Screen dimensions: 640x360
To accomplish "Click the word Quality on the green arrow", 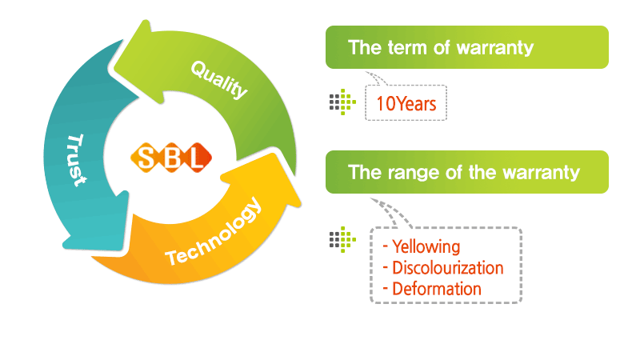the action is (x=219, y=79).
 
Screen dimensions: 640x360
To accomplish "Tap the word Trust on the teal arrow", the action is (x=76, y=160).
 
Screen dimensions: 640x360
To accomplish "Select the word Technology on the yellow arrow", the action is (x=213, y=232).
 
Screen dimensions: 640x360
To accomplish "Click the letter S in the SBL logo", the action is (x=146, y=158).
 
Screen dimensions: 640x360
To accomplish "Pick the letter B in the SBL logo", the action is (x=171, y=158).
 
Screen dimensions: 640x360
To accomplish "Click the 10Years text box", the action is (x=406, y=103).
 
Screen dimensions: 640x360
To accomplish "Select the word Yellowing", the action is (x=426, y=246).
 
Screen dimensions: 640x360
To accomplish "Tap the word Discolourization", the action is (x=448, y=268).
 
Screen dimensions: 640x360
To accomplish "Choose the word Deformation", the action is (x=437, y=289).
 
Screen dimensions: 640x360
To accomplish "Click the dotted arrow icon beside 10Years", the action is (x=343, y=102).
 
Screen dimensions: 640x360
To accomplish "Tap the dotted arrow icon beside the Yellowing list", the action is (x=343, y=239).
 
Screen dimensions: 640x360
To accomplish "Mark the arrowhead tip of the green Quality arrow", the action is (x=114, y=66).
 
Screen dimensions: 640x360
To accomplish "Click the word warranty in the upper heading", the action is (x=495, y=48).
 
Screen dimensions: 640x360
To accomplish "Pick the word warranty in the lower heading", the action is (x=542, y=173).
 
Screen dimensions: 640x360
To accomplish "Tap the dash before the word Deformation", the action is (x=386, y=289).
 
